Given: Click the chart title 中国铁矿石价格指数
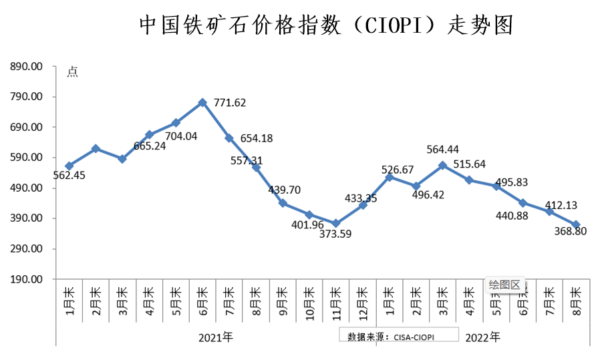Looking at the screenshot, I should (x=325, y=25).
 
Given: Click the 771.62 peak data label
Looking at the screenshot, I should (x=230, y=102).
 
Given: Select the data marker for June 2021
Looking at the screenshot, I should (x=202, y=102).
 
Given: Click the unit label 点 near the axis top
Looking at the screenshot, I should (x=72, y=72).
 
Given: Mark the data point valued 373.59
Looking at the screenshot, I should (x=336, y=223).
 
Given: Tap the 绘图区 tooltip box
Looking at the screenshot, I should (x=504, y=285).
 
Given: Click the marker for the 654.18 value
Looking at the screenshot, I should (x=229, y=138).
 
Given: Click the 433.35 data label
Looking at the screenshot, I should (x=361, y=180).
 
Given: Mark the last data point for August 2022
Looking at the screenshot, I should (x=576, y=224).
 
